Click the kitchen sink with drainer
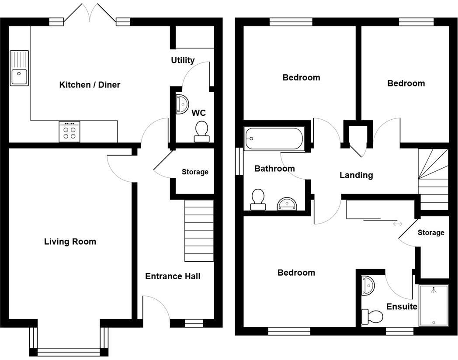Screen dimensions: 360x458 click(x=20, y=68)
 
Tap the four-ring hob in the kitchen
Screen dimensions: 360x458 click(x=69, y=132)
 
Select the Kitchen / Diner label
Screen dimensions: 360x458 click(x=90, y=85)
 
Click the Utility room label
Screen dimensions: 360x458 click(x=183, y=60)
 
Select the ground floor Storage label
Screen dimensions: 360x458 click(x=195, y=172)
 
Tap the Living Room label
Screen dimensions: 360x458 click(x=70, y=242)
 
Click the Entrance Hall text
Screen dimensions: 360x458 click(x=173, y=276)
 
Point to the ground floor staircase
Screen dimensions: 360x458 click(x=199, y=231)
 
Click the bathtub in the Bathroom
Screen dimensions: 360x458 click(x=274, y=138)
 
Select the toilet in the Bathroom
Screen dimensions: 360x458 click(x=258, y=199)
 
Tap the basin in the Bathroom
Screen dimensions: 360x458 click(x=287, y=203)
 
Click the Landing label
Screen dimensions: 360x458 click(x=356, y=175)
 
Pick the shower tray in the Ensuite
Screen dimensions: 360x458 click(x=434, y=306)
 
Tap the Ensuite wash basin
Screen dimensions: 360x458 click(x=367, y=285)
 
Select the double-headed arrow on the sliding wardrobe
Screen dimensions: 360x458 click(x=398, y=224)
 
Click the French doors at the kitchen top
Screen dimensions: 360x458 click(x=90, y=13)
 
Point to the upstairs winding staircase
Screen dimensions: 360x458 click(x=434, y=179)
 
